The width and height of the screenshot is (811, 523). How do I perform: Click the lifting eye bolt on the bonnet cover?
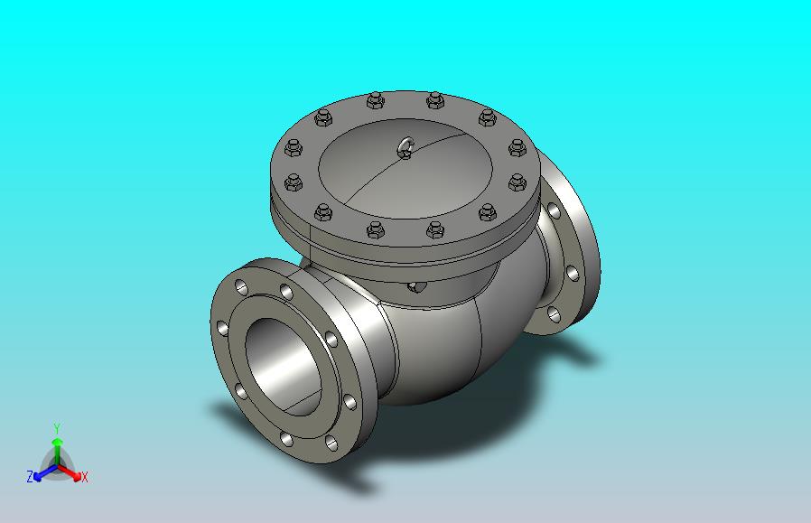coord(406,148)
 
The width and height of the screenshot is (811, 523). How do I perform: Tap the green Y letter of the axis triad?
coord(58,428)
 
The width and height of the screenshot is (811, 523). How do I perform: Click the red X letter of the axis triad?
coord(85,477)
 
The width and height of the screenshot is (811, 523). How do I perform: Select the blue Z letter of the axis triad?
coord(30,476)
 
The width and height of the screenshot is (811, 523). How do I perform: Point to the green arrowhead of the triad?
coord(58,442)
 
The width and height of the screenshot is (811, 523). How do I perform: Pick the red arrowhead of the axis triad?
coord(77,476)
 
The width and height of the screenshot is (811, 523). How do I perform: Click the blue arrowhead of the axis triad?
coord(37,476)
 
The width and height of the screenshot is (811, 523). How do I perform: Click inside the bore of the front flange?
coord(282,366)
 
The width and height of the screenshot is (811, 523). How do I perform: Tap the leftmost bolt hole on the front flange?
coord(222,328)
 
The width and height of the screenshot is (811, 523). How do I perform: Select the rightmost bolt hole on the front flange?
coord(350,402)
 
